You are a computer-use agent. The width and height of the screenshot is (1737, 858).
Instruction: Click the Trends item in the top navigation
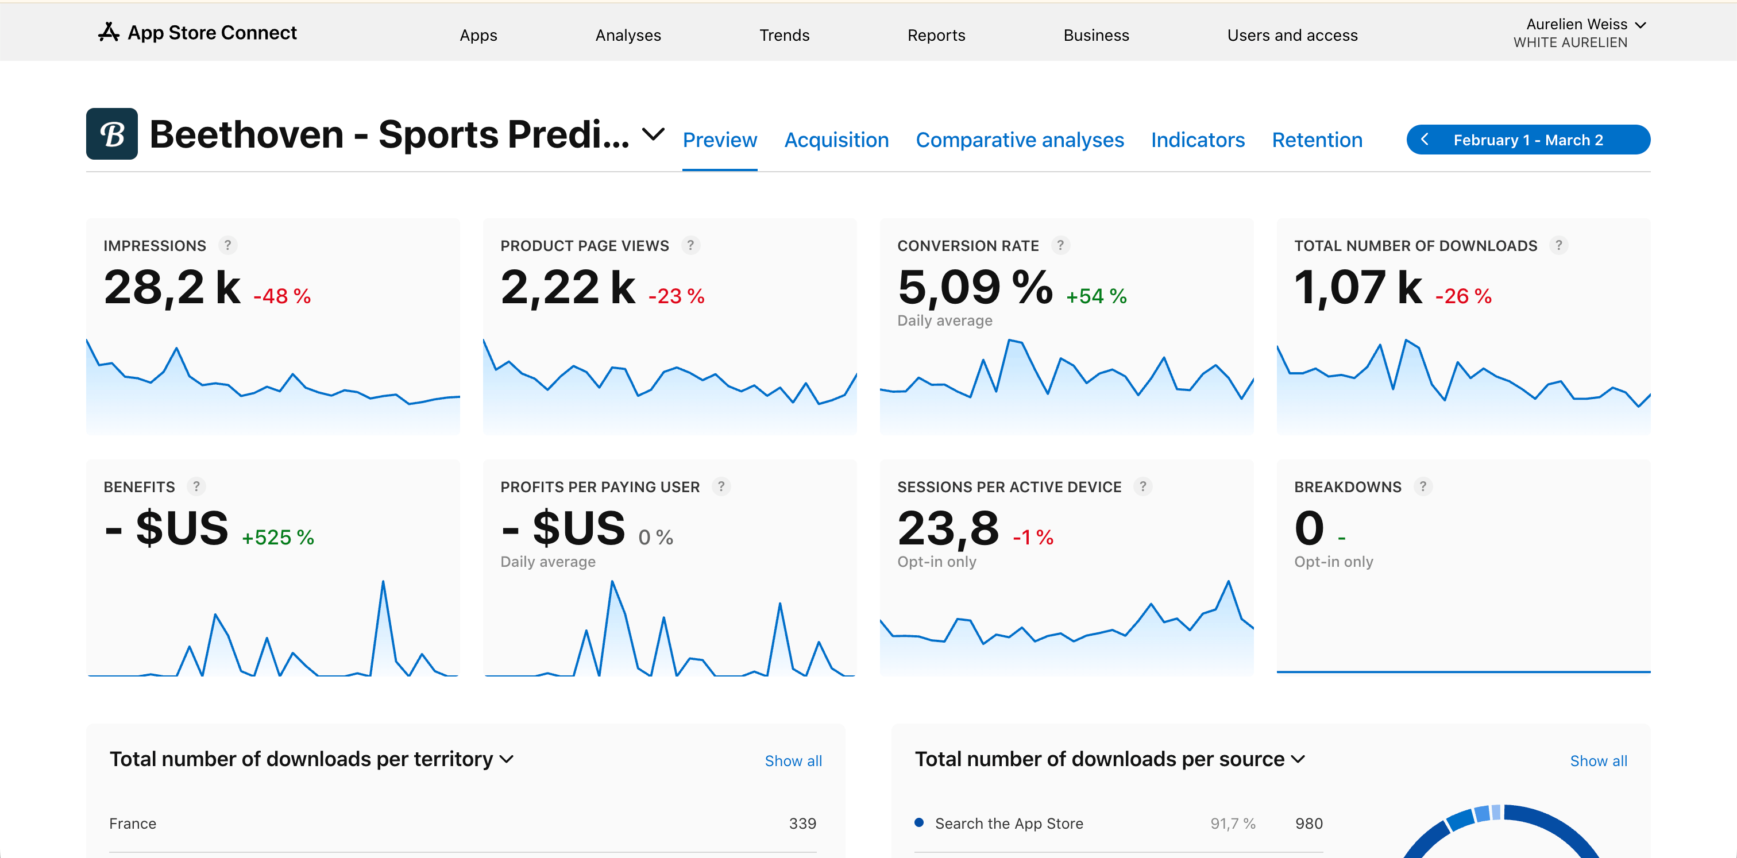pyautogui.click(x=783, y=35)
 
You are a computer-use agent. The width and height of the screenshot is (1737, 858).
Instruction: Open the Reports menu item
pyautogui.click(x=936, y=35)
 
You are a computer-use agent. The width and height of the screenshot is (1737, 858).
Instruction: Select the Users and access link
pyautogui.click(x=1292, y=35)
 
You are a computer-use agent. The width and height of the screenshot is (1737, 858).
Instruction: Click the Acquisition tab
pyautogui.click(x=836, y=140)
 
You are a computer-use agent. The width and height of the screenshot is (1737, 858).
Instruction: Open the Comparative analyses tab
pyautogui.click(x=1020, y=140)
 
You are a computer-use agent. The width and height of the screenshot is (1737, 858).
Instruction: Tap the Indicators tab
pyautogui.click(x=1198, y=140)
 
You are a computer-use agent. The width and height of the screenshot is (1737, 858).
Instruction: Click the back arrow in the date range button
pyautogui.click(x=1425, y=140)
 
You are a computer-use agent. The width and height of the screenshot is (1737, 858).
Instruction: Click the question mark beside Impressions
pyautogui.click(x=228, y=245)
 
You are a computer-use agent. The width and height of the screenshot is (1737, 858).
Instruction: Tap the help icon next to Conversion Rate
pyautogui.click(x=1060, y=245)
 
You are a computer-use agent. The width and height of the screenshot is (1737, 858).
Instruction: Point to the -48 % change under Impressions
pyautogui.click(x=282, y=296)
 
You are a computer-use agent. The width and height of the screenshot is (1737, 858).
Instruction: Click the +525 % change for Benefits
pyautogui.click(x=278, y=537)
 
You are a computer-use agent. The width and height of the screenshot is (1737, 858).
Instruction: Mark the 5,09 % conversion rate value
pyautogui.click(x=974, y=287)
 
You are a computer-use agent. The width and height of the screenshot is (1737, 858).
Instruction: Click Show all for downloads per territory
pyautogui.click(x=793, y=761)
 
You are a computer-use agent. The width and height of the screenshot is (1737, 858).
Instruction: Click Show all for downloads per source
pyautogui.click(x=1598, y=761)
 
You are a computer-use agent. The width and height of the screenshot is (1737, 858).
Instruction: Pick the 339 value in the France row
pyautogui.click(x=802, y=824)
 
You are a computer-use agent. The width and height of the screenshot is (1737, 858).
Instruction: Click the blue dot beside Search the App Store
pyautogui.click(x=918, y=822)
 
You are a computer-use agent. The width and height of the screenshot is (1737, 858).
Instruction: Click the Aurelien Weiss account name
pyautogui.click(x=1577, y=24)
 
